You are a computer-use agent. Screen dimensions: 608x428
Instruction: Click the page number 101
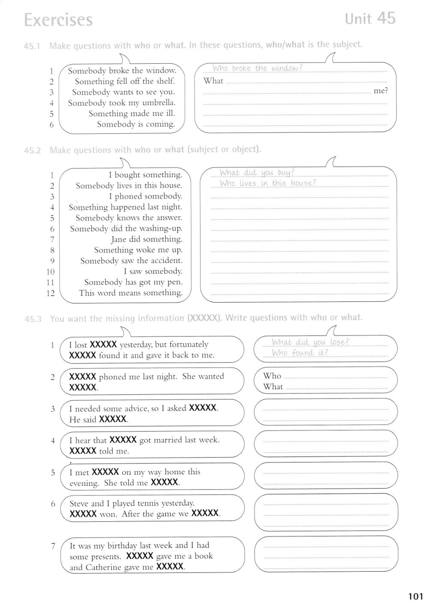(416, 596)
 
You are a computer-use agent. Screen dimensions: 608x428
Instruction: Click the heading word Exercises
(58, 20)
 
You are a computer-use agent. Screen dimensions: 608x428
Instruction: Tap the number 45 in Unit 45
(386, 18)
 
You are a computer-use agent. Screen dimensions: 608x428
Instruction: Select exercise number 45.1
(32, 46)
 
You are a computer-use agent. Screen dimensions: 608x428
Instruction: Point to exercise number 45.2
(32, 151)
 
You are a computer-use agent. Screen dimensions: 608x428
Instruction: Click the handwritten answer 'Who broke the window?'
(257, 68)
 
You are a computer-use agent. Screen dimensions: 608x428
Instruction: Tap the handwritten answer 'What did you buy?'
(257, 173)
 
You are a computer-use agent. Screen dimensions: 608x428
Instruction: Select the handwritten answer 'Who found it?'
(300, 353)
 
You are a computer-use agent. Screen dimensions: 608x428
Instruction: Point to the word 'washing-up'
(161, 228)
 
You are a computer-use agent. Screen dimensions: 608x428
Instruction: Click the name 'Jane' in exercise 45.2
(119, 239)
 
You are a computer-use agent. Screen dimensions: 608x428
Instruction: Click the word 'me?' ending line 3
(380, 91)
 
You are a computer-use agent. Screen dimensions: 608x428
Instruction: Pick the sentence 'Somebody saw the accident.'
(131, 260)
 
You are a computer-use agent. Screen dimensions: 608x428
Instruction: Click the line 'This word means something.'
(131, 293)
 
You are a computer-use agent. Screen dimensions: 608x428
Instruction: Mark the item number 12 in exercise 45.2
(50, 293)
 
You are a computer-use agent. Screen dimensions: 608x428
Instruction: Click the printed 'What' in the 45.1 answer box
(213, 80)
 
